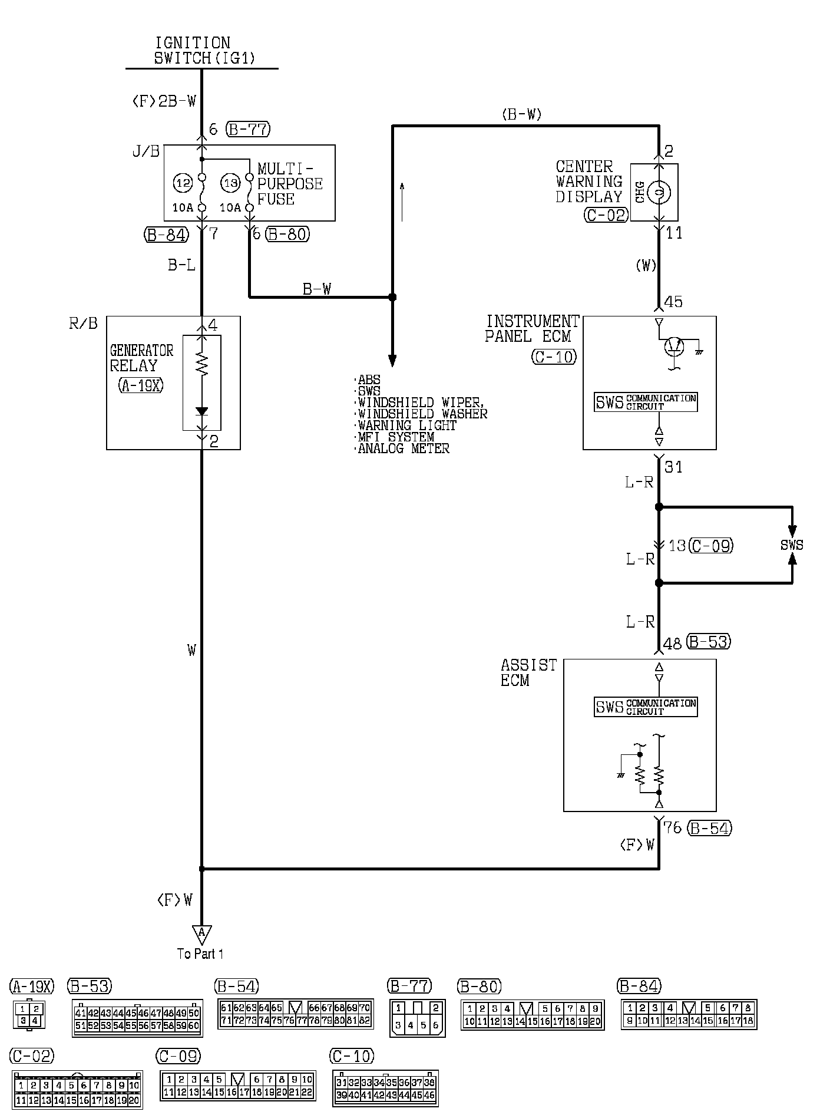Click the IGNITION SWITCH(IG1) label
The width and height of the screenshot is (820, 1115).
(x=193, y=51)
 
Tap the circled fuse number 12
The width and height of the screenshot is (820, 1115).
(x=183, y=183)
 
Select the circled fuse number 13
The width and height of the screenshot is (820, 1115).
(x=230, y=183)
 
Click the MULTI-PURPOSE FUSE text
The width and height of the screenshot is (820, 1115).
(x=290, y=184)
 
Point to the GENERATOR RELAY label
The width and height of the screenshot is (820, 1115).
(x=141, y=358)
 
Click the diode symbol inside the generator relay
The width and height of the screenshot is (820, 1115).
(x=201, y=411)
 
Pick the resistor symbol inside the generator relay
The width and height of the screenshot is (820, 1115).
(x=201, y=364)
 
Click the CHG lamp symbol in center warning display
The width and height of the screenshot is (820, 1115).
(x=659, y=192)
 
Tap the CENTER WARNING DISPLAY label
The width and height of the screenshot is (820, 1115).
(x=588, y=182)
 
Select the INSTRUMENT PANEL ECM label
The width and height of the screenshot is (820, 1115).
(x=532, y=329)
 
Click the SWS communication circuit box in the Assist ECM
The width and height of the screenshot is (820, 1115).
(x=646, y=707)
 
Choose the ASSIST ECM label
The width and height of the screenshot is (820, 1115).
(x=528, y=672)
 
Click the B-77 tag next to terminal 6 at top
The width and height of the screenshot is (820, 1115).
(x=248, y=129)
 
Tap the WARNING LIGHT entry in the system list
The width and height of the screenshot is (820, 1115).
(x=406, y=425)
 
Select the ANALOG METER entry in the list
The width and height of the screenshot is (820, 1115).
(x=404, y=448)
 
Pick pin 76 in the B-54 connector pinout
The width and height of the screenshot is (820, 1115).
(x=289, y=1020)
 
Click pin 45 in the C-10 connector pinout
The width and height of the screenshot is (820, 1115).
(x=417, y=1096)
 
